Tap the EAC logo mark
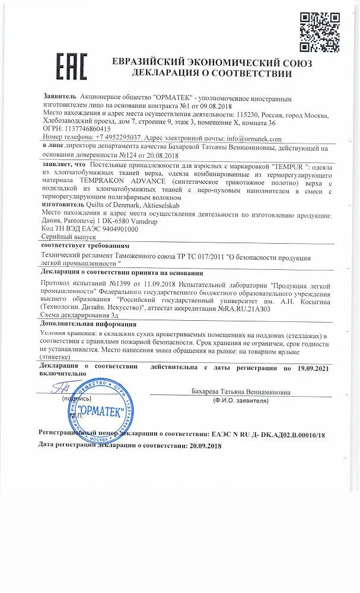click(71, 65)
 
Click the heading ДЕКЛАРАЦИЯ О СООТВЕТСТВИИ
click(204, 74)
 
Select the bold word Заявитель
click(60, 95)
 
